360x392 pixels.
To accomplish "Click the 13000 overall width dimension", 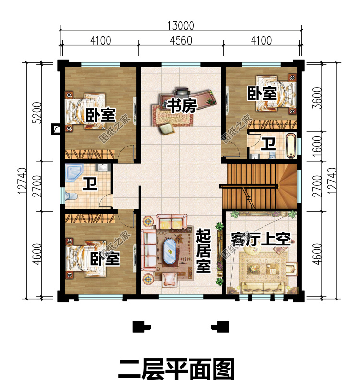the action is point(180,26).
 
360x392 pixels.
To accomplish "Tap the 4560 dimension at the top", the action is point(181,40).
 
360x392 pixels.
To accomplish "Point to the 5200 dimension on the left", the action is point(37,113).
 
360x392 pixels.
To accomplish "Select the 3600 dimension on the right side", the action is point(317,98).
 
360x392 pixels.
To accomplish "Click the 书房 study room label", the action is point(181,106).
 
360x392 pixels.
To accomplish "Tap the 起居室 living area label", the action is point(203,251).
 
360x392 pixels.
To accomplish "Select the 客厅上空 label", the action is point(261,239).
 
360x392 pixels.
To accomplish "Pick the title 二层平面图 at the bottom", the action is point(176,369).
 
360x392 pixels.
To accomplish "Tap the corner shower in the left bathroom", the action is point(74,173).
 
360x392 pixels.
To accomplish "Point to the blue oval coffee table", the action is point(169,251).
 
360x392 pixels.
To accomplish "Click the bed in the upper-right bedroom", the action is point(276,94).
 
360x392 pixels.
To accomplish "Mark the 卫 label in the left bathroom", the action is point(90,184).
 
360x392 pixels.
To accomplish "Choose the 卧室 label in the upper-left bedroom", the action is point(101,115).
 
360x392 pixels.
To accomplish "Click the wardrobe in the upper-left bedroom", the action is point(90,154).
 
